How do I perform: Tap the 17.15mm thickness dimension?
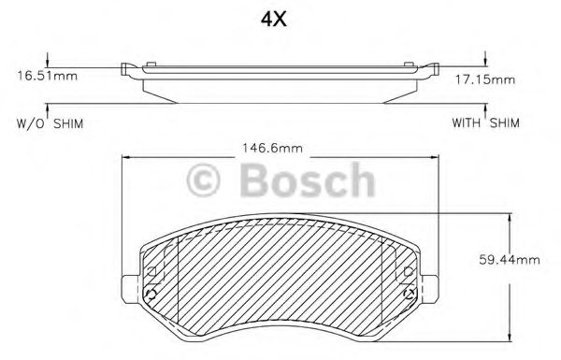(492, 79)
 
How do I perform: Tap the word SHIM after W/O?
(67, 123)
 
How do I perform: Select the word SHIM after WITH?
(505, 123)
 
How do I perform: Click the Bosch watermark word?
(308, 179)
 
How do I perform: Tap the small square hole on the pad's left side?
(150, 270)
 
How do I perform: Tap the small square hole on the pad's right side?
(408, 270)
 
